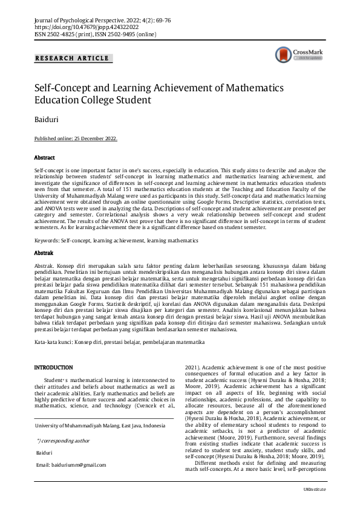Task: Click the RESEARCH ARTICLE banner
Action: point(73,59)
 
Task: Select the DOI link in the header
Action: point(87,27)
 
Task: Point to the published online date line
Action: point(76,138)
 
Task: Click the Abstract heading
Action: point(45,157)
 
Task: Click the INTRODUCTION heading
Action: point(54,368)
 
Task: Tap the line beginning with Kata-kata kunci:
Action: point(119,343)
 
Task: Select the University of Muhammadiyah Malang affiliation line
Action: point(100,426)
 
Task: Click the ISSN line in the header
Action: point(95,34)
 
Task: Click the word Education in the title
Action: point(56,100)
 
